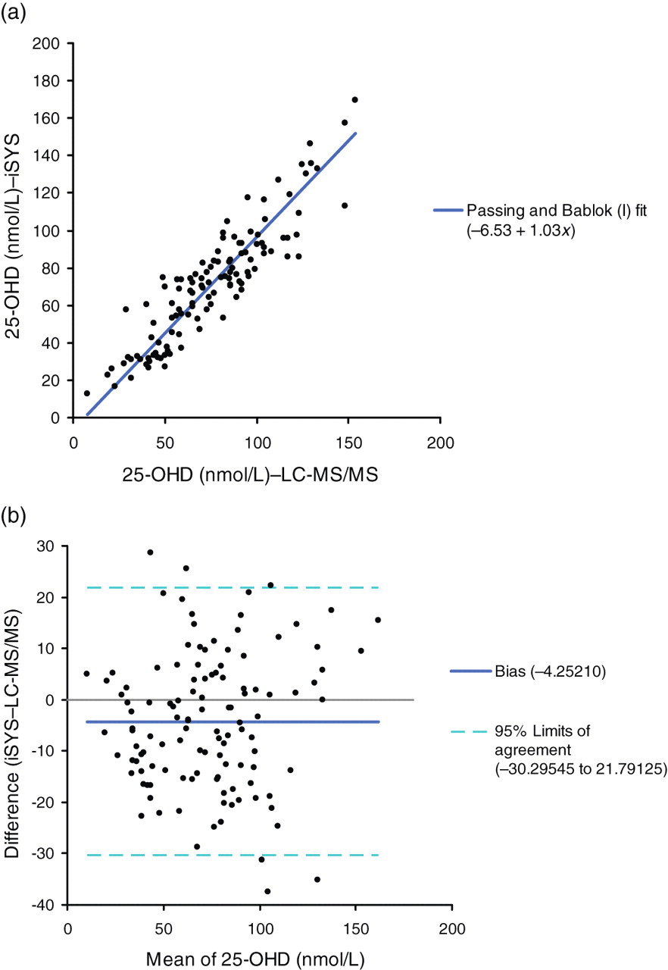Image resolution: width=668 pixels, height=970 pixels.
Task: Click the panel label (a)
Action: (13, 13)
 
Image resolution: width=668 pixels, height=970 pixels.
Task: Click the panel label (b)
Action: (13, 515)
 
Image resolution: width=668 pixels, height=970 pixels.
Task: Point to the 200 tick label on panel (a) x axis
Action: (441, 443)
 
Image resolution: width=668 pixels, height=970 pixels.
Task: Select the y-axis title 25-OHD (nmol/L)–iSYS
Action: (14, 236)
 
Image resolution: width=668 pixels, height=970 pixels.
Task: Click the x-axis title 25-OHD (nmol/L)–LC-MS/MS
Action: (250, 475)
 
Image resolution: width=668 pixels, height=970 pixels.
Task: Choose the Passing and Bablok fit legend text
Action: (557, 211)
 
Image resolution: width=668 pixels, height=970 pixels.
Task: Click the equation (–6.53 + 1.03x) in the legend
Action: (521, 231)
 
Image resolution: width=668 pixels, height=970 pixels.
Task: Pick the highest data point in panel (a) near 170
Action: (354, 99)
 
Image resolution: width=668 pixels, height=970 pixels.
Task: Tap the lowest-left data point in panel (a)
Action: (87, 393)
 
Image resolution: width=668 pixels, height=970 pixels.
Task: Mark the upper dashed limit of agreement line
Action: (233, 587)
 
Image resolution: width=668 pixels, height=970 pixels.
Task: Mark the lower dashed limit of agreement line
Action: (233, 855)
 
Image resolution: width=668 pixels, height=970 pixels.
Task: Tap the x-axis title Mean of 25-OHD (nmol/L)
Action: (255, 959)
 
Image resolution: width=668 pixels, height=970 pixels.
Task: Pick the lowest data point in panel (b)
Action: (267, 891)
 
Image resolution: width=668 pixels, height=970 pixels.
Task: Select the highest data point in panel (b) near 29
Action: (150, 552)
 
